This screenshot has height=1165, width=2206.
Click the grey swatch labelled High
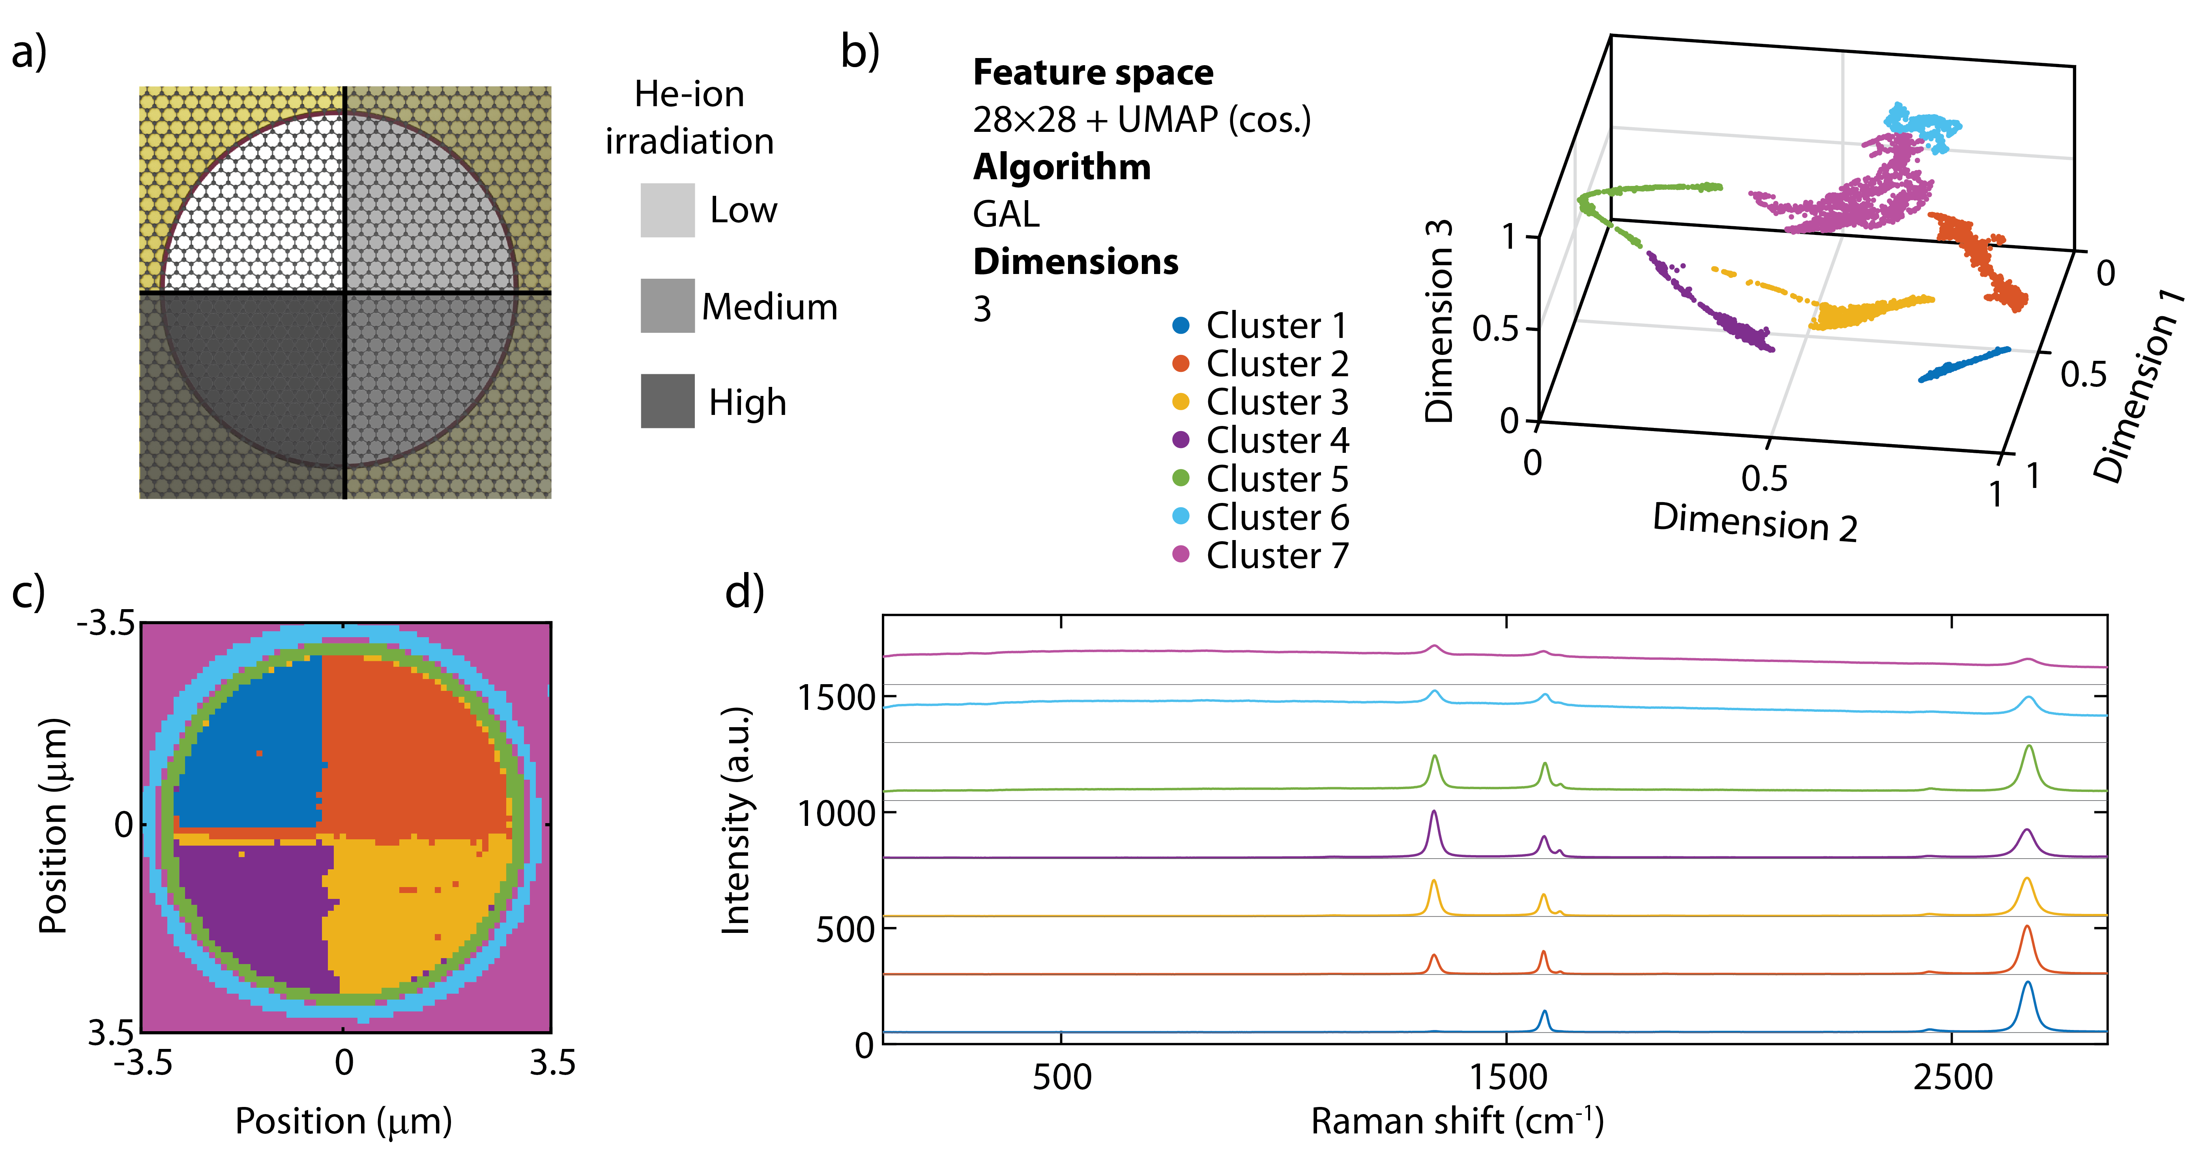[x=667, y=401]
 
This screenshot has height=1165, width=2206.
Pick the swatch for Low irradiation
[x=667, y=210]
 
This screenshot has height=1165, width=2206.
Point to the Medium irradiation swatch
[x=667, y=306]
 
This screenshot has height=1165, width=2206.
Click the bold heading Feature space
[x=1093, y=72]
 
